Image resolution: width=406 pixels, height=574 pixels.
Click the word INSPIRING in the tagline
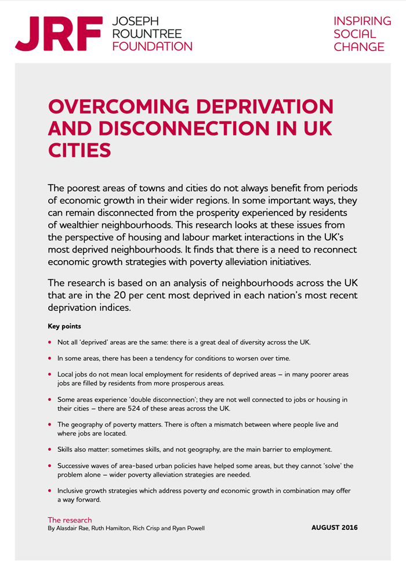click(362, 21)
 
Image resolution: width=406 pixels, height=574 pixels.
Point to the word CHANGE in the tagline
click(359, 47)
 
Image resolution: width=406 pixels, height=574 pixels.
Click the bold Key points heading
click(64, 327)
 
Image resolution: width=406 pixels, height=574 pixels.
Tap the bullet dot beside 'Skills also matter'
click(50, 449)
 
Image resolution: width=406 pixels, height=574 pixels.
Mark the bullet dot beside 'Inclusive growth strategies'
click(50, 491)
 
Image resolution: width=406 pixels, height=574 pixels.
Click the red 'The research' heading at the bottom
click(70, 520)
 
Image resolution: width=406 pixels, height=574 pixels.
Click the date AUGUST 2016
click(335, 528)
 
